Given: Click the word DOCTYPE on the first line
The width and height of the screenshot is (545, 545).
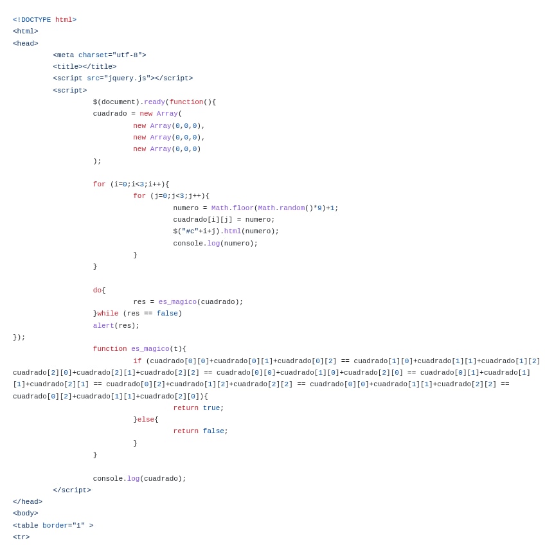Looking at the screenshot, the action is tap(34, 20).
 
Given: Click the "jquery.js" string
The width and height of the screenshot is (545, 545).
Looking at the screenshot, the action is tap(127, 78).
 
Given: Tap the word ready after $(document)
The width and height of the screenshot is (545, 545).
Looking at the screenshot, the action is tap(154, 102).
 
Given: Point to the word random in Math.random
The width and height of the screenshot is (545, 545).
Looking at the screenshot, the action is tap(292, 208).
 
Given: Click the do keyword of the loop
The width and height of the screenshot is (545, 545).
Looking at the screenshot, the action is tap(97, 290).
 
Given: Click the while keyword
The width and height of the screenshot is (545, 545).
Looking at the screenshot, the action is tap(108, 314).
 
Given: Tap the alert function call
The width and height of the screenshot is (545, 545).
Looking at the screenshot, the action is tap(103, 326).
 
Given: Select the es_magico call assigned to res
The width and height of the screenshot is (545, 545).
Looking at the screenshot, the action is tap(177, 302).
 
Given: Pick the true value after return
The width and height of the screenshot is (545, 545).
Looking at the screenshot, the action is tap(211, 408).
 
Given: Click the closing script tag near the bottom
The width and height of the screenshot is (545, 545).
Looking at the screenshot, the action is tap(72, 490).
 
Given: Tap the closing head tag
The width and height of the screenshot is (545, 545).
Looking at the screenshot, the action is tap(28, 502).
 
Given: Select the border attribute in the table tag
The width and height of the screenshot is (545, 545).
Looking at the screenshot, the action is tap(55, 526).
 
